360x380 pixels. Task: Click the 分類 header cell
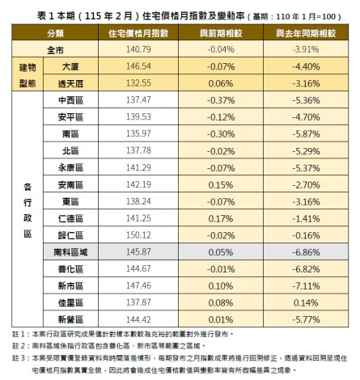coord(55,35)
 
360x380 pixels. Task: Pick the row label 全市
coord(55,49)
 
